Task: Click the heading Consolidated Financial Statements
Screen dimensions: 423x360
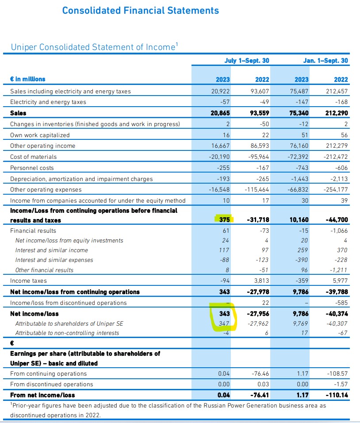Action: pos(141,10)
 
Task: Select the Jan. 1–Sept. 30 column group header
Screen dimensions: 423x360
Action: pos(326,61)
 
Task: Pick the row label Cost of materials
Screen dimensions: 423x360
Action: pos(34,157)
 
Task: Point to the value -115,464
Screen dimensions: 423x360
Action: pos(257,189)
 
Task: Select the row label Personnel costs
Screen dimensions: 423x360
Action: pos(32,168)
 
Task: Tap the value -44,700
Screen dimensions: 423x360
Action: pos(337,220)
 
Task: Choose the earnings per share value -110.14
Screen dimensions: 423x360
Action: pos(337,395)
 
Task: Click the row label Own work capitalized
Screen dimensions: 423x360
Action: pos(40,135)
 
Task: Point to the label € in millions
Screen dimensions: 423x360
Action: pos(27,79)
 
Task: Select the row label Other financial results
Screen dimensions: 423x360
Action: pos(44,270)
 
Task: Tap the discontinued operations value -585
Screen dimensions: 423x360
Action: pos(342,303)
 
